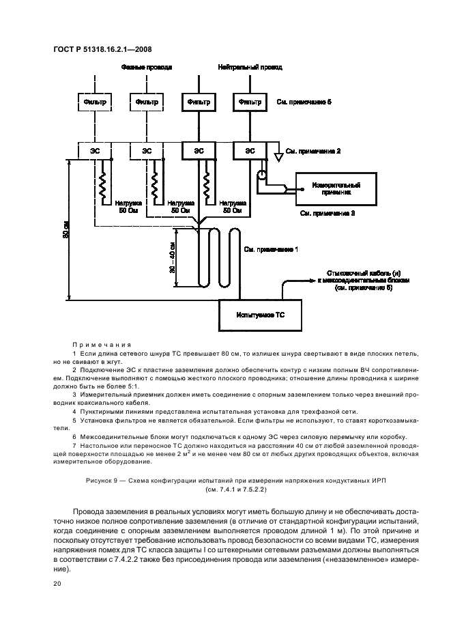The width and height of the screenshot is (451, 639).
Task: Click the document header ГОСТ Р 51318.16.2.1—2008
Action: (102, 47)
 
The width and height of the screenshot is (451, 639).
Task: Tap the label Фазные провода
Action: (147, 68)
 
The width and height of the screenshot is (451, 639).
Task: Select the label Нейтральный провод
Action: (250, 68)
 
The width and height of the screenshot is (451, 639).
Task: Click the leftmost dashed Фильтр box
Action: (95, 102)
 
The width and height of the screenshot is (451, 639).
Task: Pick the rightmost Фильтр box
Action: (250, 102)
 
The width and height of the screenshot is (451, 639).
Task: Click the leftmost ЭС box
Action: (95, 150)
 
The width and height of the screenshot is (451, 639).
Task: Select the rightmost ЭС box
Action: (250, 150)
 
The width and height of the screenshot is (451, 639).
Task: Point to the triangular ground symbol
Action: (278, 156)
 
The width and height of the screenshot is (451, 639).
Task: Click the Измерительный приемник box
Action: (335, 188)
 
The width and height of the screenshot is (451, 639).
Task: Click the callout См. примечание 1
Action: (271, 250)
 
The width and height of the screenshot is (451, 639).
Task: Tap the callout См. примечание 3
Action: (328, 213)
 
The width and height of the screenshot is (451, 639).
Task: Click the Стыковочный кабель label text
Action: (353, 272)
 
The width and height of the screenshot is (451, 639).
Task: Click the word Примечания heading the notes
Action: (101, 345)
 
